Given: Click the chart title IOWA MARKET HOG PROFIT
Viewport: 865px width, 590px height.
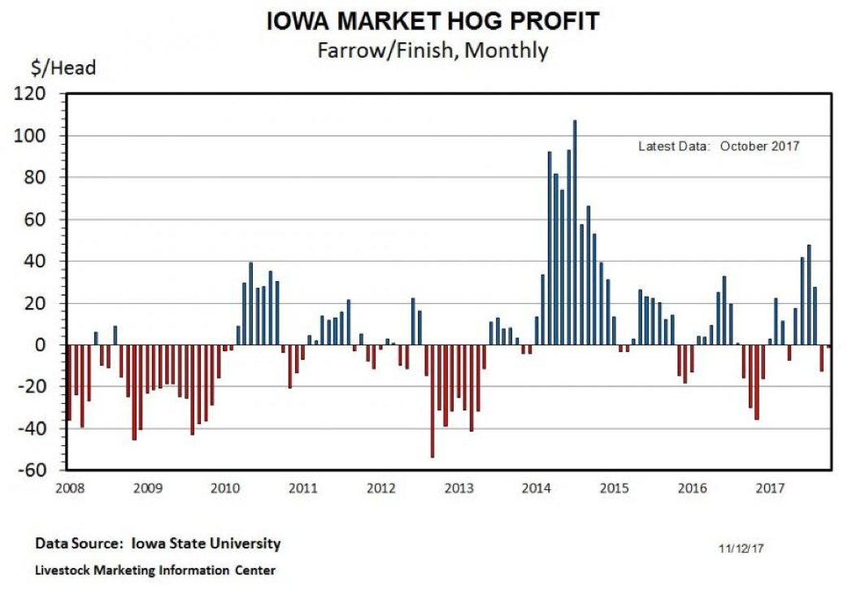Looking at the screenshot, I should (432, 21).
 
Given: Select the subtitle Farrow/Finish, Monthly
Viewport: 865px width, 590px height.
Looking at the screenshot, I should (432, 50).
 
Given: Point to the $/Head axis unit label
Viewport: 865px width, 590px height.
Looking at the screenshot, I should (64, 68).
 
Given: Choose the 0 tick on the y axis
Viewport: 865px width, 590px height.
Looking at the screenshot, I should (51, 345).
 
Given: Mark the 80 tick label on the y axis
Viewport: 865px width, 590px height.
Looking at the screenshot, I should (46, 177).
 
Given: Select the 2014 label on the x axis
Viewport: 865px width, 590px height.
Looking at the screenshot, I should (537, 488).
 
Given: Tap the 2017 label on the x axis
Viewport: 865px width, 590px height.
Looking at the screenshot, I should (770, 488).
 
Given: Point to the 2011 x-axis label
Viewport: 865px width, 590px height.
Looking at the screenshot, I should (303, 488).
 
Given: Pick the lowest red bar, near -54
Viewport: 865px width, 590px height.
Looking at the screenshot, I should (432, 401).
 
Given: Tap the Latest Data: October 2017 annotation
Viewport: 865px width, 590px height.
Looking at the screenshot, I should (719, 146).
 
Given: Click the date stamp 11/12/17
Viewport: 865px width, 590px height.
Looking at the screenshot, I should (741, 549).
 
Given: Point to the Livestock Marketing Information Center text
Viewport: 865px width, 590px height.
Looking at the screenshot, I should (155, 570).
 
